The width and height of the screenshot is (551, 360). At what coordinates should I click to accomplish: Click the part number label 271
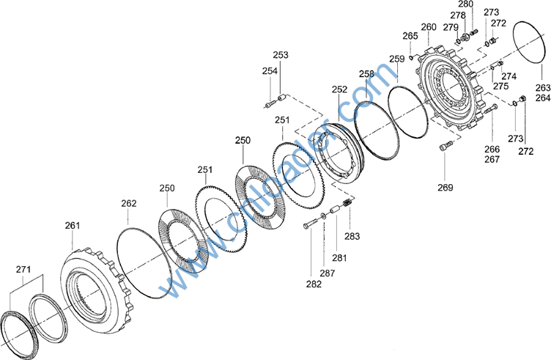coord(23,269)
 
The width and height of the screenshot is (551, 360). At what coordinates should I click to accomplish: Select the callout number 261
coord(73,225)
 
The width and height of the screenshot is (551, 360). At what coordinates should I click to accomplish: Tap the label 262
coord(129,203)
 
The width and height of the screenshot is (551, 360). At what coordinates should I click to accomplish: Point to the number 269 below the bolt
coord(445,188)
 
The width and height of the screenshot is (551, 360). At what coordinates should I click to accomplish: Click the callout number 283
coord(352,236)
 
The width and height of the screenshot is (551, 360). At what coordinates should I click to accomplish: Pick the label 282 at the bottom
coord(314,284)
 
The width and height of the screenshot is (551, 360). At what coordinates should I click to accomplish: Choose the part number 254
coord(270,70)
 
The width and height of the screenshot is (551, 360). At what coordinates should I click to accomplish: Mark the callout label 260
coord(429,27)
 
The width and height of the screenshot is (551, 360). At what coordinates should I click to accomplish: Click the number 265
coord(410,36)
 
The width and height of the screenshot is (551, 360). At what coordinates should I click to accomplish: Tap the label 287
coord(327,273)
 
